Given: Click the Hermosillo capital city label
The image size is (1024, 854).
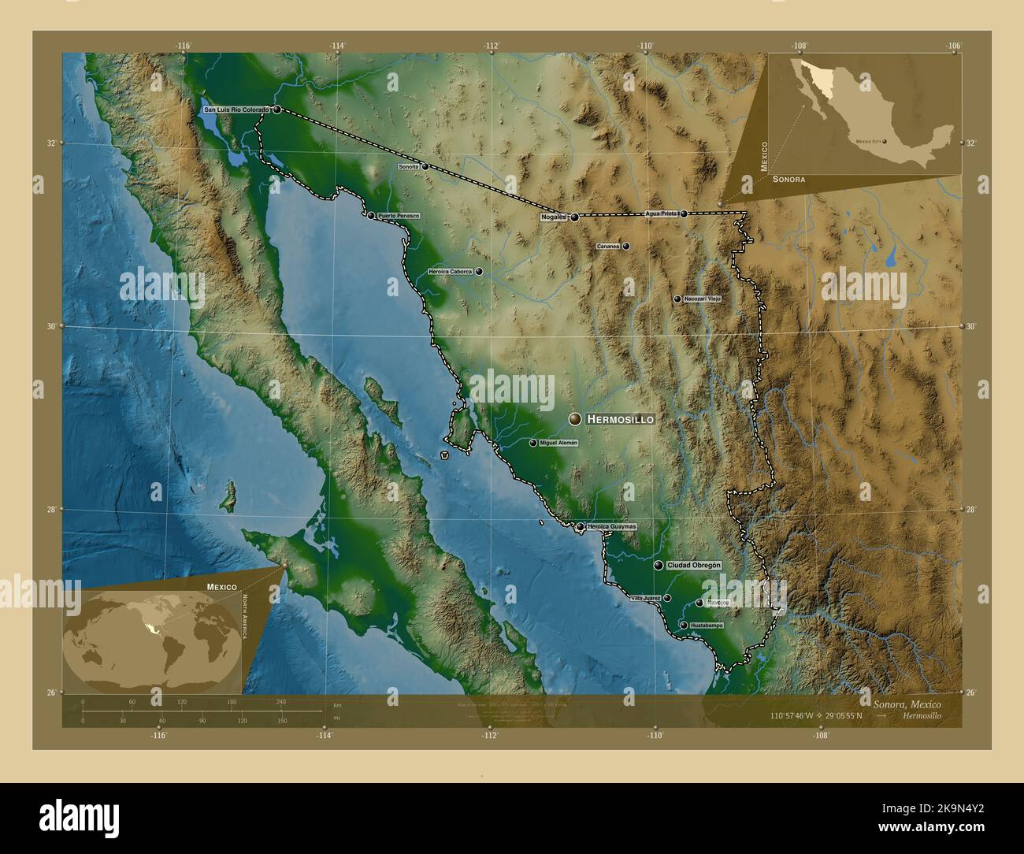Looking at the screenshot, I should click(620, 420).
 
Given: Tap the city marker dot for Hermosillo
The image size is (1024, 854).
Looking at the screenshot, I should click(576, 419).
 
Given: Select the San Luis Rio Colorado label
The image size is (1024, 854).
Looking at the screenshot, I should click(236, 110).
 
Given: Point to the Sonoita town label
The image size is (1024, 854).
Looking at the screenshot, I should click(409, 166).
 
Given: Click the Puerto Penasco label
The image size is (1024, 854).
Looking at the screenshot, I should click(399, 215).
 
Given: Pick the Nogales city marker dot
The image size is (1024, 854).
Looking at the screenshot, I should click(574, 217).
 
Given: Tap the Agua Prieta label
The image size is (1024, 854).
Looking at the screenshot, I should click(661, 213).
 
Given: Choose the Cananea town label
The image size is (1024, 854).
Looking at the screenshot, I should click(608, 246).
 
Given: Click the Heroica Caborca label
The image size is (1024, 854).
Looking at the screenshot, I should click(450, 271).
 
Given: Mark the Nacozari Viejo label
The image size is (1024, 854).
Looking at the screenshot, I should click(703, 299).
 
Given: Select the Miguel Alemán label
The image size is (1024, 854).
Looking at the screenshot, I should click(559, 443).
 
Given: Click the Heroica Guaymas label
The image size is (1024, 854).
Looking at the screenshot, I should click(612, 526).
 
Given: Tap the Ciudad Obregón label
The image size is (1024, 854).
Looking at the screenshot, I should click(694, 566).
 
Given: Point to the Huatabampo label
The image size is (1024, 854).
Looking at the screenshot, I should click(706, 625).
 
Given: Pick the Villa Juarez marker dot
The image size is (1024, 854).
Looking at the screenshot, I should click(667, 598).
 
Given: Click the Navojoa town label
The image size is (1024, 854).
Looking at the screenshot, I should click(718, 603).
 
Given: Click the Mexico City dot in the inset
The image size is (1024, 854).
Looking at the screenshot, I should click(885, 142).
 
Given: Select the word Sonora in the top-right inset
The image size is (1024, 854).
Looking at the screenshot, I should click(788, 180).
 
